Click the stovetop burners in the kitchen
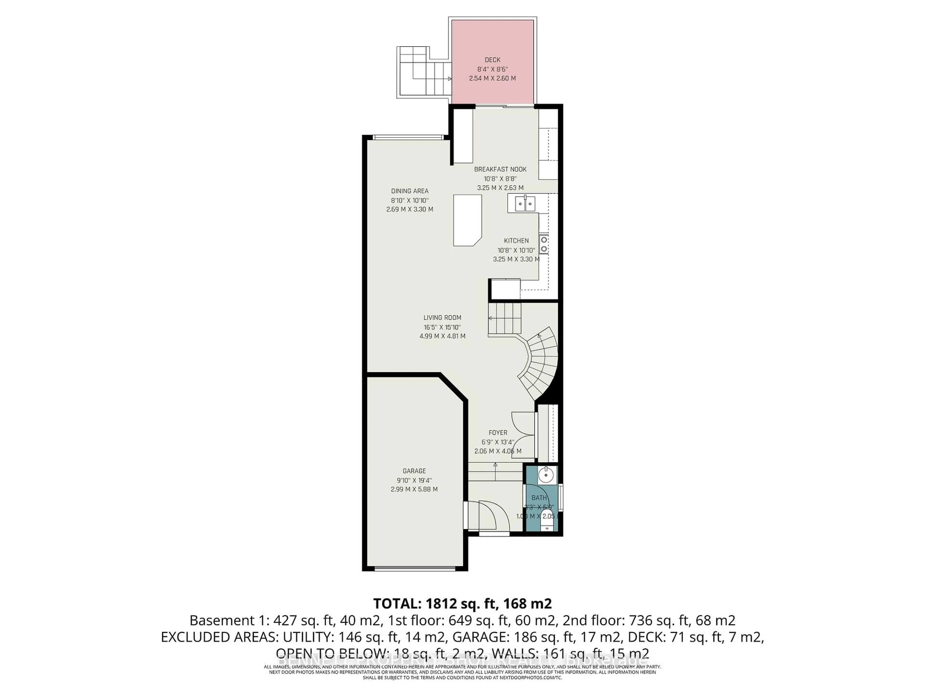[544, 244]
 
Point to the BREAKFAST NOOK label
[500, 169]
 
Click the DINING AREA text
[410, 191]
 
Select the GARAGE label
[414, 471]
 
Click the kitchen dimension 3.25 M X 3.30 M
[516, 259]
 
